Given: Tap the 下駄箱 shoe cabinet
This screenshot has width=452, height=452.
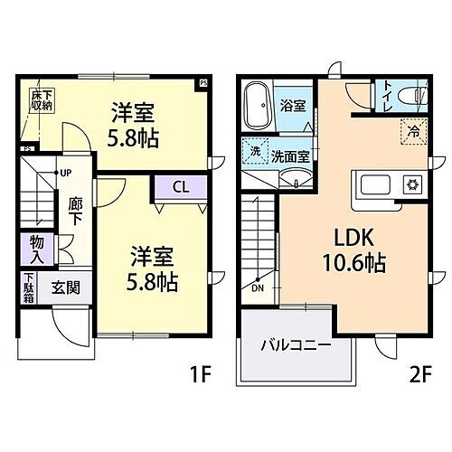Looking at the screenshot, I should [29, 287].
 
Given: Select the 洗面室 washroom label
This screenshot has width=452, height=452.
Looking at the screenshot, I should [291, 155].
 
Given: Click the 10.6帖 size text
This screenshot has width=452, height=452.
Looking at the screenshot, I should [353, 264].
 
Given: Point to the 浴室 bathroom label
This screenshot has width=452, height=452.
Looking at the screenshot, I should [291, 105].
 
